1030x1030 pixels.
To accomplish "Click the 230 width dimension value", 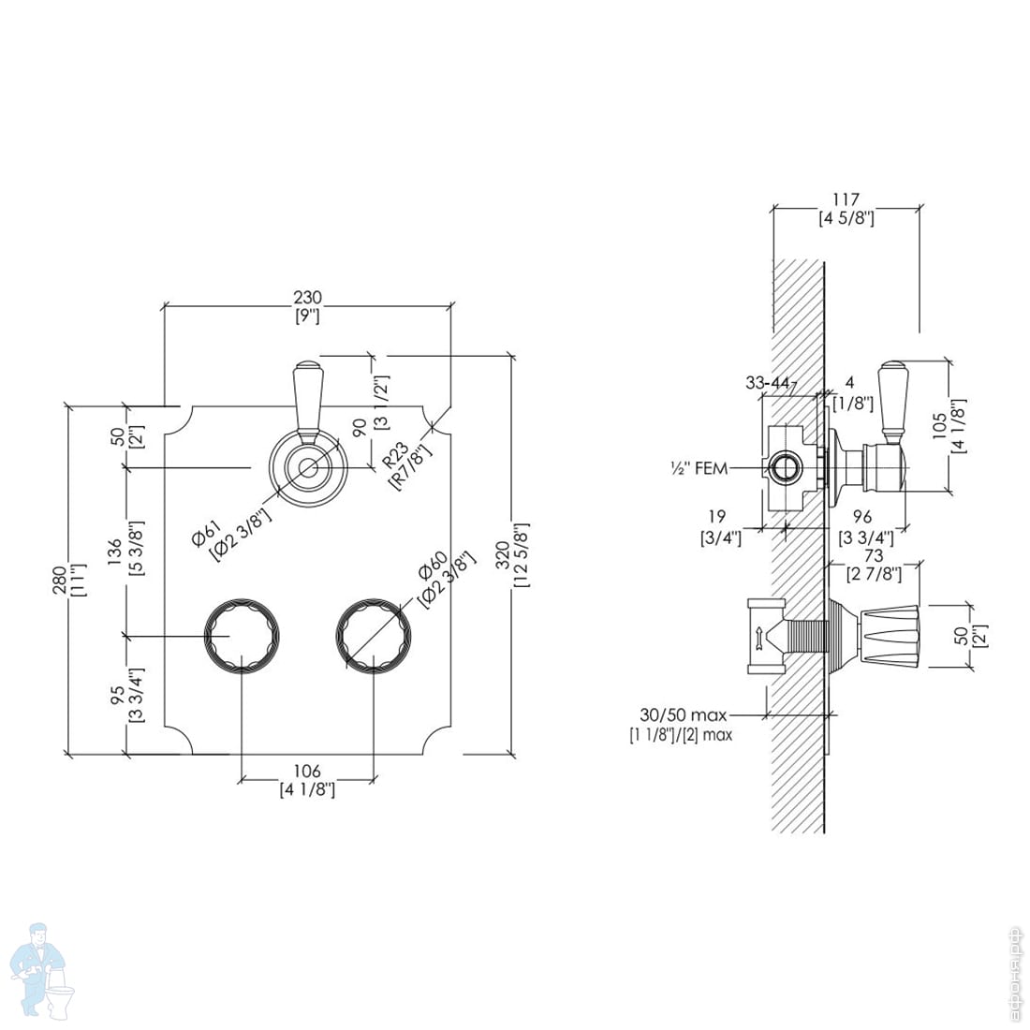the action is pos(307,298).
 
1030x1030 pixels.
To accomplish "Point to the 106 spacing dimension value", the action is pos(307,771).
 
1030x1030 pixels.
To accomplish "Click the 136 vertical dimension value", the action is pos(115,552).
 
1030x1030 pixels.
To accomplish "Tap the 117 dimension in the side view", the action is pos(846,199).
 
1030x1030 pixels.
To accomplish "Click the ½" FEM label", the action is pos(699,468).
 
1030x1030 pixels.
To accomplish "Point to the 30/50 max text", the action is pos(684,714).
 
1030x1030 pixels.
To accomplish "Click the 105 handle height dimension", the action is pos(941,425).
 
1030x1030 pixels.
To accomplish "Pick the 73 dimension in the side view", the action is pos(874,556).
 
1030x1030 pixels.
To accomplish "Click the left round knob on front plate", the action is pos(242,636).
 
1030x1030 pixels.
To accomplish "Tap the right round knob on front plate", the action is pos(374,636).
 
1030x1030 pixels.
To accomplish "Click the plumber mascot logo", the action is pos(45,972).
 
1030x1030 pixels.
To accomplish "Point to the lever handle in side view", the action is pos(892,402).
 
